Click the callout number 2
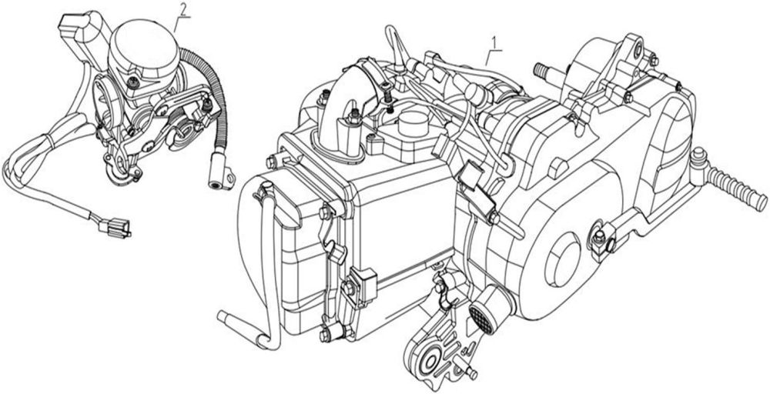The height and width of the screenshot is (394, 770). (182, 9)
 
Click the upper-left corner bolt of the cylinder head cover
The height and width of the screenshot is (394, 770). (271, 162)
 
